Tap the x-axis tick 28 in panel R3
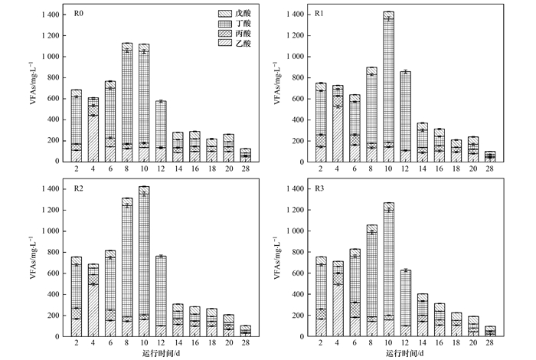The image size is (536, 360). [x=489, y=344]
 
